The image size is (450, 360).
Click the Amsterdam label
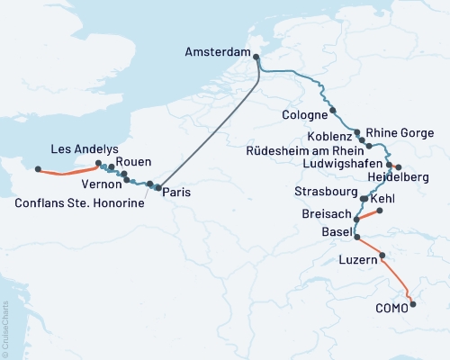[x=217, y=53]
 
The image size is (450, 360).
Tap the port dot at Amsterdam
[x=256, y=58]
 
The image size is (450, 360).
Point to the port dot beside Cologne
[x=333, y=111]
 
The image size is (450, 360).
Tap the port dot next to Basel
[x=357, y=238]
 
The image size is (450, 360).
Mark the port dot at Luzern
[x=383, y=256]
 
